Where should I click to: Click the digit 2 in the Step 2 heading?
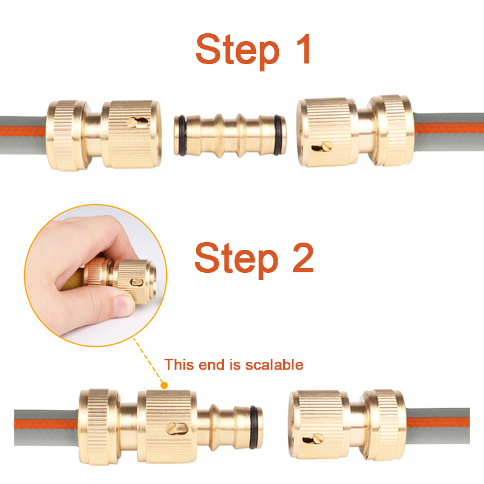303,258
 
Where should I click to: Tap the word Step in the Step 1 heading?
237,51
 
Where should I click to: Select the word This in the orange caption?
179,365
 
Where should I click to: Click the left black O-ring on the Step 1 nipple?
180,135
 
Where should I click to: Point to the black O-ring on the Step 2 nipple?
254,427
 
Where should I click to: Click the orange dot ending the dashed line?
165,385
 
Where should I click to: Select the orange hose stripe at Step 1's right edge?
448,128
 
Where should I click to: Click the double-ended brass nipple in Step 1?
230,135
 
